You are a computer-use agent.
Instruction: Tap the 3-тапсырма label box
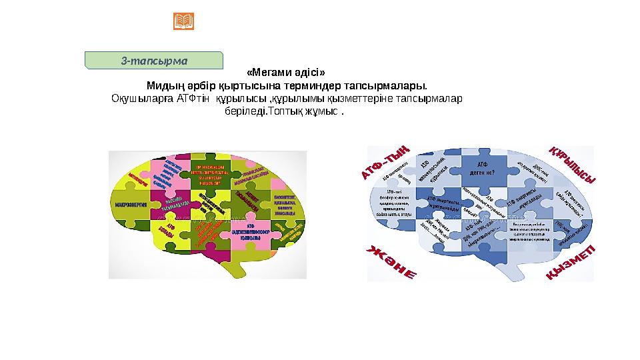point(154,60)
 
